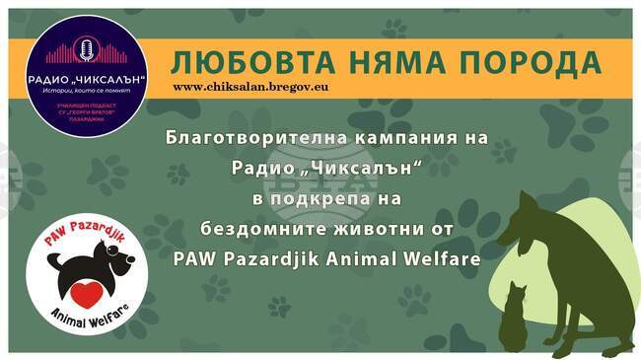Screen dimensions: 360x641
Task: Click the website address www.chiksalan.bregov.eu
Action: click(249, 87)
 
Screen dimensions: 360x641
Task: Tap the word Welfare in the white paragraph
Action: click(445, 259)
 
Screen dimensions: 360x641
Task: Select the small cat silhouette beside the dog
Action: click(512, 316)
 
